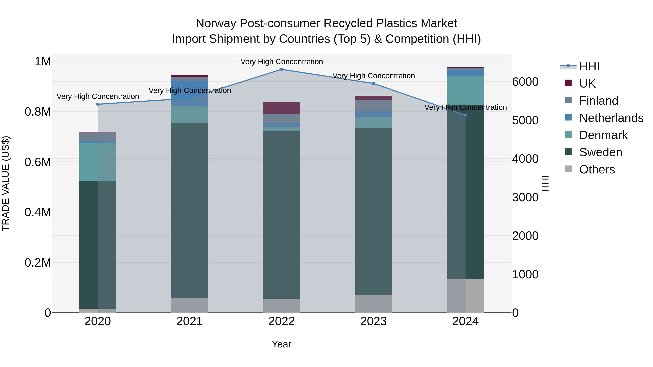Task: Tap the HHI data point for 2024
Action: [465, 115]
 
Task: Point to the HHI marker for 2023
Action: [373, 84]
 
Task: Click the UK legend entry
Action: [587, 84]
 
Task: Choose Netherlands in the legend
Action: [611, 118]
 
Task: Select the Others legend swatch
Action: [569, 169]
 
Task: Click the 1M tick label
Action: [43, 62]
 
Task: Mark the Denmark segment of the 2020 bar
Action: [98, 162]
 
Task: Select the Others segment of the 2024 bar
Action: [465, 296]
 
